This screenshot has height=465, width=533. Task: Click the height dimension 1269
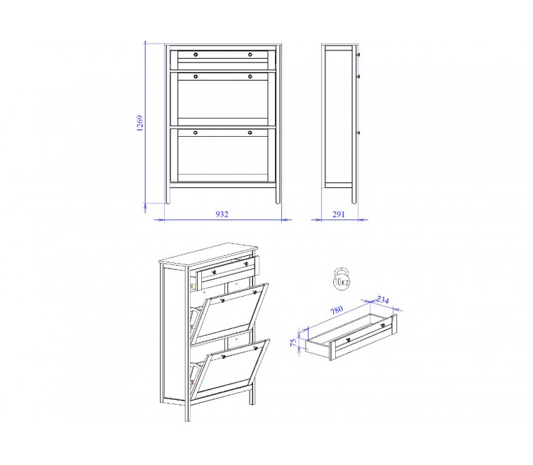coord(140,123)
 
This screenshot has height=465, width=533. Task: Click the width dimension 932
coord(222,214)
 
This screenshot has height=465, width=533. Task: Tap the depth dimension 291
coord(339,214)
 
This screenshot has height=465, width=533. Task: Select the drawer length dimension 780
coord(337,310)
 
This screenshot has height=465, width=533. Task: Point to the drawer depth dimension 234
coord(382,299)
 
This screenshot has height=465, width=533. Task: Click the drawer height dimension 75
coord(294,343)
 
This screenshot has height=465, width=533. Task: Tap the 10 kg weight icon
coord(342,278)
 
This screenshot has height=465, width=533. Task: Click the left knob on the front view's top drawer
coord(196,55)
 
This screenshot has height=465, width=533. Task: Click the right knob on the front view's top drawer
coord(250,55)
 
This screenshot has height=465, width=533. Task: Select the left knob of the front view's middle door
coord(196,76)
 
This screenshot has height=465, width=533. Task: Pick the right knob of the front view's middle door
coord(250,76)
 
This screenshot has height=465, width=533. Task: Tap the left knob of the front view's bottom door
coord(196,133)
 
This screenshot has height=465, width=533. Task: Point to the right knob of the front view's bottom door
coord(250,133)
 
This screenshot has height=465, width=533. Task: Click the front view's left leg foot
coord(168,202)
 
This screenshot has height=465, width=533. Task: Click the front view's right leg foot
coord(278,202)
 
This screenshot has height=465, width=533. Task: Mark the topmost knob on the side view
coord(358,55)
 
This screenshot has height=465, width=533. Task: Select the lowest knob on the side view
coord(358,133)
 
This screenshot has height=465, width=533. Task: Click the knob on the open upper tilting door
coord(222,301)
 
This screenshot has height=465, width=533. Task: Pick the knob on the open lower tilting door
coord(223,356)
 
